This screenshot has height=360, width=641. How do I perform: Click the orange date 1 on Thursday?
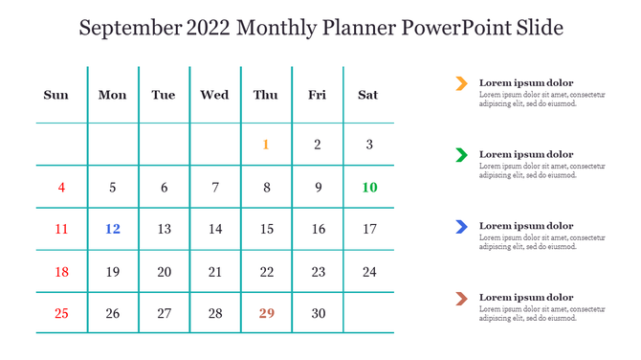pyautogui.click(x=266, y=146)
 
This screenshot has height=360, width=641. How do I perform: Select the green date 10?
pyautogui.click(x=369, y=188)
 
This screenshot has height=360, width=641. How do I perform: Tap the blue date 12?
pyautogui.click(x=113, y=229)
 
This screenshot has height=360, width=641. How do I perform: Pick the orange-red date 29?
pyautogui.click(x=266, y=313)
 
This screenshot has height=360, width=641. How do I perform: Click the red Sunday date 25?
pyautogui.click(x=61, y=313)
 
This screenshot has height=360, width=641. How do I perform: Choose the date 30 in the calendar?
pyautogui.click(x=318, y=313)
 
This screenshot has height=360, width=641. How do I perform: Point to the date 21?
pyautogui.click(x=215, y=272)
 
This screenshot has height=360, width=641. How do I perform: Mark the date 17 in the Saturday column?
pyautogui.click(x=369, y=229)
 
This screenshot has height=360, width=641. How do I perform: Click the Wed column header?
pyautogui.click(x=214, y=95)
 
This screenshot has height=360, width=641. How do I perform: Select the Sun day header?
pyautogui.click(x=56, y=95)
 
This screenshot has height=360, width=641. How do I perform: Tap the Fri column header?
pyautogui.click(x=317, y=95)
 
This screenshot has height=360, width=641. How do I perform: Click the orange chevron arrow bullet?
pyautogui.click(x=461, y=83)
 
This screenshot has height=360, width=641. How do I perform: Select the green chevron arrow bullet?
pyautogui.click(x=461, y=154)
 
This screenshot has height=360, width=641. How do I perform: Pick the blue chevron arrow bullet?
pyautogui.click(x=461, y=226)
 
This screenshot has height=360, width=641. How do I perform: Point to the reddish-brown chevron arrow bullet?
pyautogui.click(x=461, y=298)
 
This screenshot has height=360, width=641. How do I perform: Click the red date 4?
pyautogui.click(x=61, y=188)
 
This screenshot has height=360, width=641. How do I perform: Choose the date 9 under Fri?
pyautogui.click(x=318, y=188)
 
